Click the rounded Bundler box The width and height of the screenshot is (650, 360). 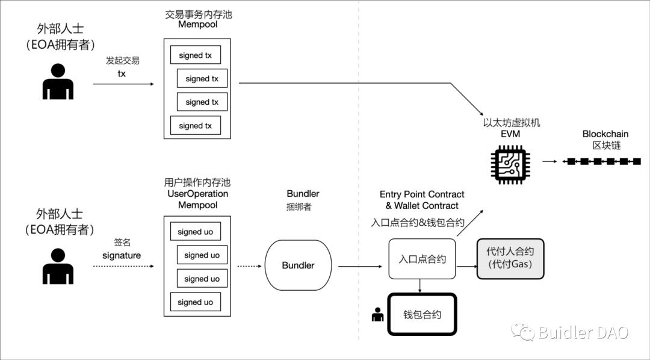coord(298,265)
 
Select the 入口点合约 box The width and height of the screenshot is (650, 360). coord(422,259)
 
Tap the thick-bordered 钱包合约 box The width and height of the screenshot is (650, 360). coord(422,314)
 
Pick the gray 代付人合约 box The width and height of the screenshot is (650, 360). coord(510,258)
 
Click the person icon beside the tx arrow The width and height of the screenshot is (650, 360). coord(58,82)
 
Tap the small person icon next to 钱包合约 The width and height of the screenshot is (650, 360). coord(378,314)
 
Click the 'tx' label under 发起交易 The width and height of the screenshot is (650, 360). coord(122,73)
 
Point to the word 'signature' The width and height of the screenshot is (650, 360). coord(122,255)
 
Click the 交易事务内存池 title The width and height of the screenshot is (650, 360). coord(198,14)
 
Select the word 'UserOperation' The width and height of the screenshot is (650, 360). coord(197,194)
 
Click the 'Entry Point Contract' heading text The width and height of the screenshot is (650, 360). coord(422,194)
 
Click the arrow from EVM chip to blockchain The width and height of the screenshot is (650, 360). coord(549,161)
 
